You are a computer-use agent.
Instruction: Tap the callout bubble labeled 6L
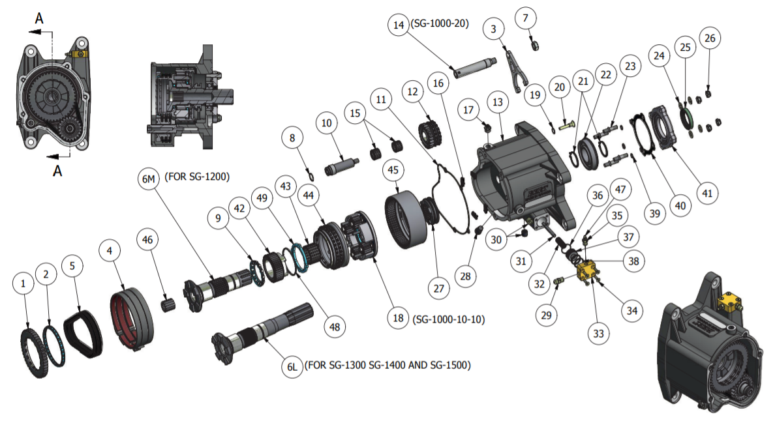[x=292, y=366]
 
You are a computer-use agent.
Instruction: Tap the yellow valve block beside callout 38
[x=587, y=269]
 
